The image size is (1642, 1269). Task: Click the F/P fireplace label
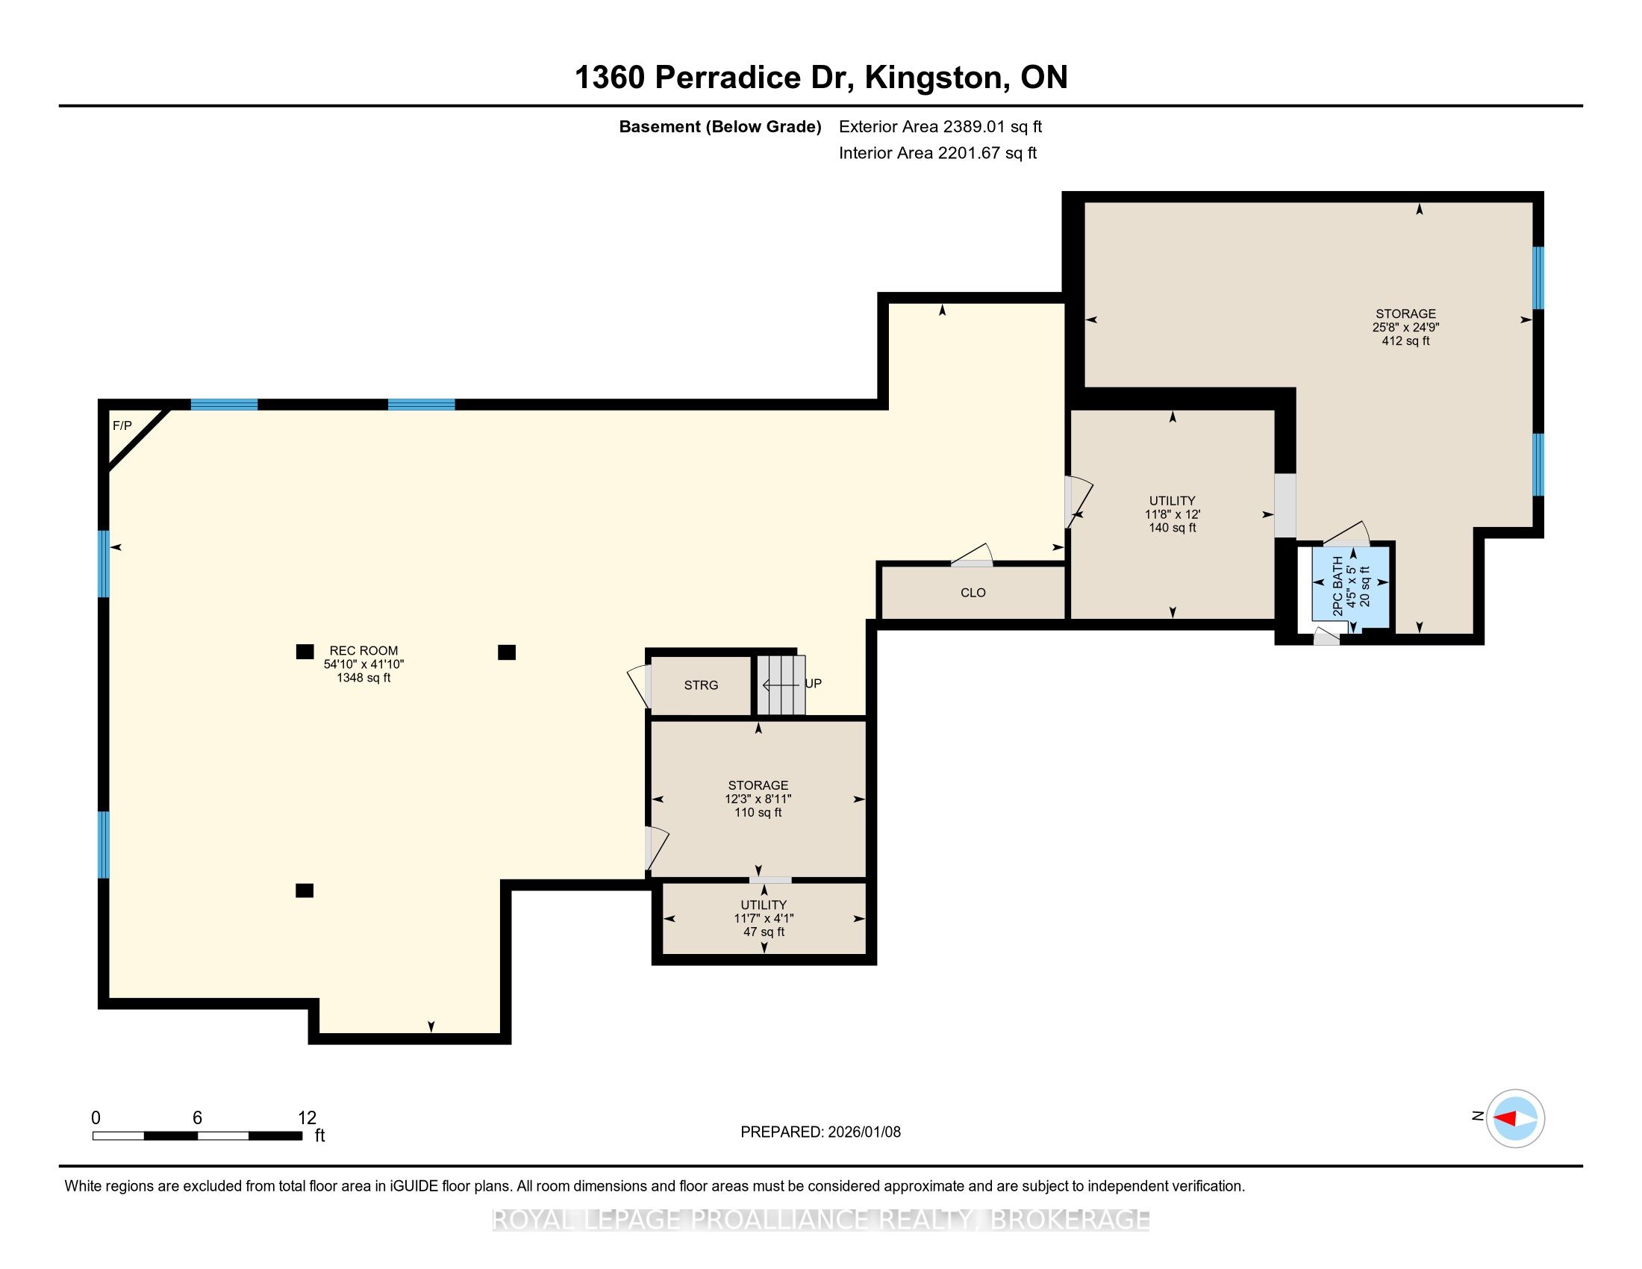click(122, 426)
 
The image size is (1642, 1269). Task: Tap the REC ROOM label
click(364, 651)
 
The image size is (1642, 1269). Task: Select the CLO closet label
click(973, 593)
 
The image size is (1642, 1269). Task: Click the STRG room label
click(701, 685)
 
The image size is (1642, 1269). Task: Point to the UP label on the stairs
click(814, 684)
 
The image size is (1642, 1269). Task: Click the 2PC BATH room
click(1350, 585)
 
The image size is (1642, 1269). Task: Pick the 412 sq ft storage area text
click(1405, 341)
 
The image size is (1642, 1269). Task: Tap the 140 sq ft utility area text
click(1172, 529)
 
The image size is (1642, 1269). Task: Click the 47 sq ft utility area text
click(764, 932)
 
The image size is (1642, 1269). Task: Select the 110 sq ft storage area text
click(758, 813)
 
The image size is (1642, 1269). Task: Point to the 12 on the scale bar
click(307, 1118)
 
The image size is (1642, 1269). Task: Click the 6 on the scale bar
click(197, 1118)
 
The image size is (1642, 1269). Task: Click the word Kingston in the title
click(934, 78)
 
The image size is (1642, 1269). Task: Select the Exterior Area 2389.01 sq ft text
click(940, 127)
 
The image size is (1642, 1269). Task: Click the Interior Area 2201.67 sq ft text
click(937, 153)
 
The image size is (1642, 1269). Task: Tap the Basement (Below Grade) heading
click(719, 127)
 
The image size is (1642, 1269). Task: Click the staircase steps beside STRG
click(781, 685)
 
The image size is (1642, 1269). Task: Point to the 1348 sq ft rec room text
click(364, 678)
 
